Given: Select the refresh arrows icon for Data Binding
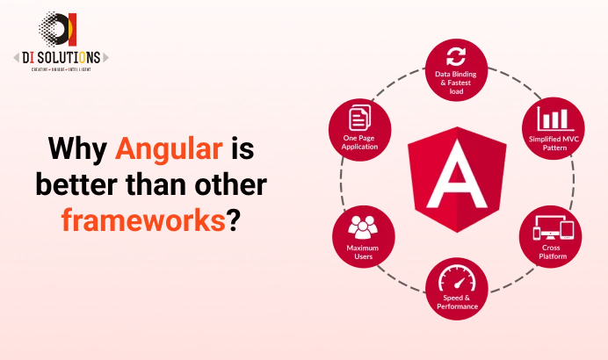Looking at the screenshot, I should [x=455, y=58].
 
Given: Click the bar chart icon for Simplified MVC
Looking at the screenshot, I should [x=555, y=119].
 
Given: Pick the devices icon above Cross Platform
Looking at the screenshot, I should [x=554, y=230].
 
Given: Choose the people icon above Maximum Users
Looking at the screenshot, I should [x=361, y=229].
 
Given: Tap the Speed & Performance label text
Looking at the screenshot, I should [x=455, y=303].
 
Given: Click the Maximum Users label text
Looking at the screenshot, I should [x=361, y=253].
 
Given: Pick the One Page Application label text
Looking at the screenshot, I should [x=360, y=142].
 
